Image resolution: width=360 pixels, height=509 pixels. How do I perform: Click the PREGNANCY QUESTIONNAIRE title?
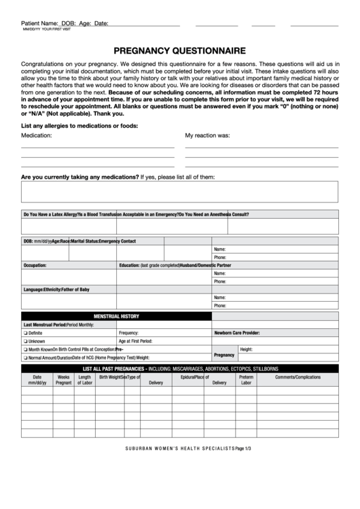tap(180, 50)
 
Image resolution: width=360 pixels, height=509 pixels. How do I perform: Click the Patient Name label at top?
tap(39, 23)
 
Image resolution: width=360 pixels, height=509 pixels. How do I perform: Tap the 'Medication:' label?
tap(37, 135)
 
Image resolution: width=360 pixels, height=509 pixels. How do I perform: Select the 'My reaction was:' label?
tap(207, 135)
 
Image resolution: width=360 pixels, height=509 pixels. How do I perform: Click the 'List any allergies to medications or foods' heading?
tap(79, 126)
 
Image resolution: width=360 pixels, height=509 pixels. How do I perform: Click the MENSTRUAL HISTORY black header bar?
tap(116, 316)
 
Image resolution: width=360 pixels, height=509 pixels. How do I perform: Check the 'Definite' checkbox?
tap(25, 333)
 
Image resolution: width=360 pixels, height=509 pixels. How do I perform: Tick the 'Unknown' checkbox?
tap(25, 341)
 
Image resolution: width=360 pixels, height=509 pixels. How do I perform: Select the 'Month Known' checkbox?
tap(25, 349)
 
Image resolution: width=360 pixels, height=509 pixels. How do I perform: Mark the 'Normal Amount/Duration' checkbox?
tap(25, 357)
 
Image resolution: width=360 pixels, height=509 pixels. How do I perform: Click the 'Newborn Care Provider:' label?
tap(237, 333)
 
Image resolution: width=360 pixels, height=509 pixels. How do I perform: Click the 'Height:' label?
tap(246, 349)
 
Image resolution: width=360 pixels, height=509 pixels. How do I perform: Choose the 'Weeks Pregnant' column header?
tap(63, 380)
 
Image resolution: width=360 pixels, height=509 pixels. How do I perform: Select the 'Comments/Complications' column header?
tap(298, 377)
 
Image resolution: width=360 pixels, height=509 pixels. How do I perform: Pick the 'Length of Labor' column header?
tap(84, 380)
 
